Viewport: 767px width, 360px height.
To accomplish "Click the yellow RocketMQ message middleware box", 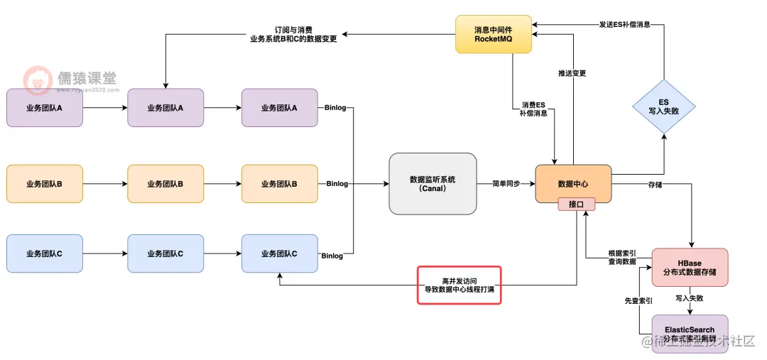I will coord(493,34).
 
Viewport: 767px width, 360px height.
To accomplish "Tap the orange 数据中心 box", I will coord(573,183).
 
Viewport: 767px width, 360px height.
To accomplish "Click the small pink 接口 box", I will coord(576,204).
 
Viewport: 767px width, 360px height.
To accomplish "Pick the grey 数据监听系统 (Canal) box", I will coord(433,184).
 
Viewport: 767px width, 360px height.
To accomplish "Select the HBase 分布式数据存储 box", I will coord(689,268).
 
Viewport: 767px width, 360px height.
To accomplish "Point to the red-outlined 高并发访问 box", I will coord(459,285).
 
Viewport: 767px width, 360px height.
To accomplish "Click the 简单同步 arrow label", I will coord(506,184).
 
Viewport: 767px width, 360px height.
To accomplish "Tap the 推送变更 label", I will coord(572,74).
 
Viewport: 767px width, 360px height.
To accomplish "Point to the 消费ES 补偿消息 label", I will coord(532,109).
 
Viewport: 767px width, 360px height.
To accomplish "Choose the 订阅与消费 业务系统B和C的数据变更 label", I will coord(293,34).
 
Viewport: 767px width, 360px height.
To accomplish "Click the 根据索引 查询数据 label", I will coord(622,257).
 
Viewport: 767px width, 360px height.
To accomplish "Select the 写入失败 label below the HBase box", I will coord(689,298).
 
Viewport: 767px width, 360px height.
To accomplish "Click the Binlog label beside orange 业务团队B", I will coord(337,184).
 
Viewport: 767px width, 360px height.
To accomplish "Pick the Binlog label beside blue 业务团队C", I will coord(332,256).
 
